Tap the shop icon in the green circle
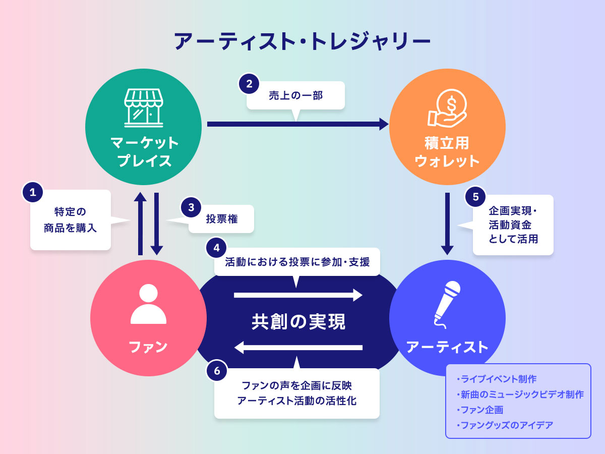click(144, 106)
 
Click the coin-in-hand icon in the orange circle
click(447, 107)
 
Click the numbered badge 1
click(33, 192)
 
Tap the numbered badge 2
click(249, 84)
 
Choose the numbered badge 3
click(191, 207)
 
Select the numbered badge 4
click(216, 248)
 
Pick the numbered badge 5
click(475, 197)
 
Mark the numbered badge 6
click(217, 371)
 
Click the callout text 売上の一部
click(295, 95)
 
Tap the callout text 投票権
click(221, 219)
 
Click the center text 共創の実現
click(298, 322)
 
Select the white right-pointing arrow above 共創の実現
click(298, 295)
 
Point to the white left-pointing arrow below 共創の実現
click(298, 347)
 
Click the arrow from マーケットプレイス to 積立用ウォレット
click(297, 124)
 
